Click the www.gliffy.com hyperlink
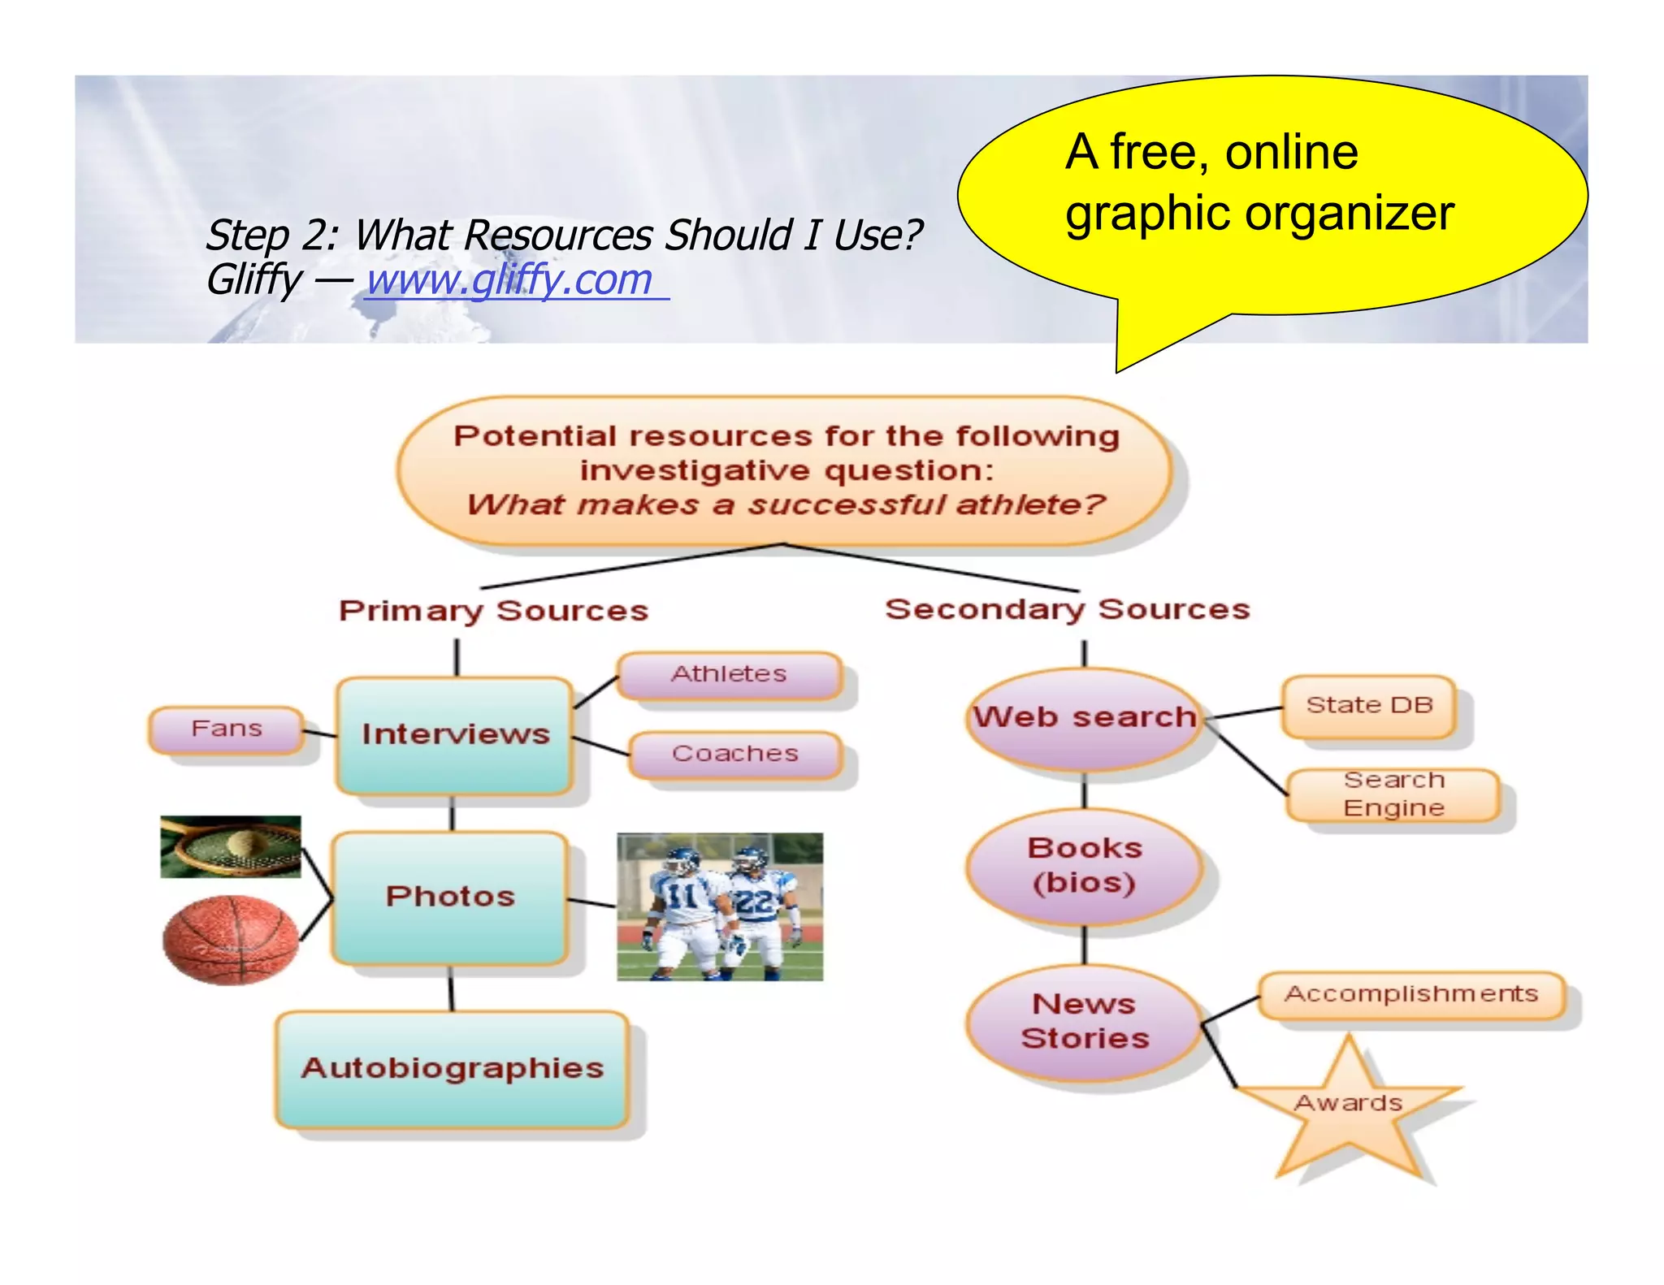pos(510,280)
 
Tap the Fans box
pos(227,729)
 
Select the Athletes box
pos(729,674)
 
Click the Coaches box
pos(734,754)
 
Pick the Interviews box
pos(455,734)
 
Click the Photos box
pos(450,896)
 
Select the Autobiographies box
pos(453,1068)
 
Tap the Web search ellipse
pos(1085,717)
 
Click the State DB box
pos(1369,705)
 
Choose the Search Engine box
pos(1393,794)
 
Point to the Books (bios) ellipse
pos(1085,865)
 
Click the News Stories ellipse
pos(1085,1021)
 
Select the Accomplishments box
pos(1411,994)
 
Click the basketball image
pos(231,939)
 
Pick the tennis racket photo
pos(230,846)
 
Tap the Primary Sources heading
pos(493,611)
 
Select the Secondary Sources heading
pos(1067,609)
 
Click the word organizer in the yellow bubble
pos(1349,214)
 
